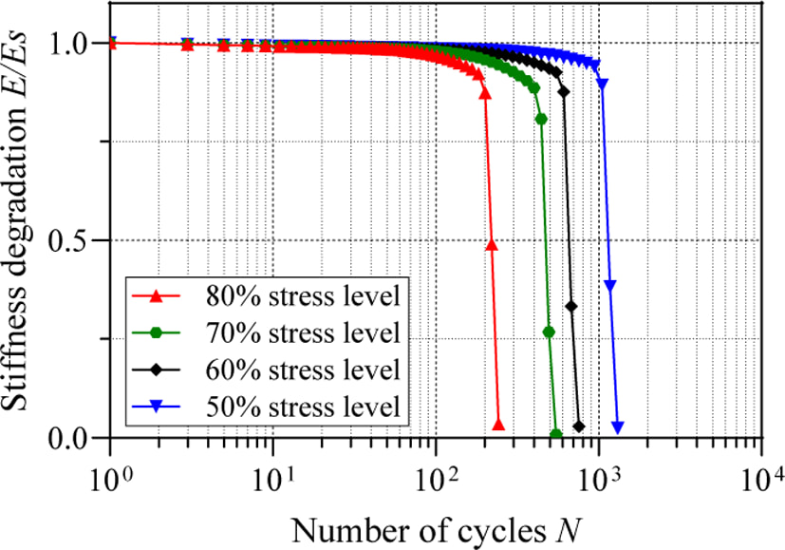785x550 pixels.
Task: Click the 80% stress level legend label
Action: [303, 296]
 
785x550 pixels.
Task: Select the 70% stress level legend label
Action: [303, 333]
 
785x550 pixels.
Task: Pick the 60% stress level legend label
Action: [303, 370]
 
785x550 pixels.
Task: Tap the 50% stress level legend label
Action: [303, 407]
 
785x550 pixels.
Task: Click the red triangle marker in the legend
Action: [157, 296]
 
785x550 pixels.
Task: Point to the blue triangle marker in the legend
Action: [157, 408]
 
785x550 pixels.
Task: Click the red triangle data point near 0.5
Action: [492, 244]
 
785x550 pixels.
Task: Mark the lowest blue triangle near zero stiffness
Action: [618, 427]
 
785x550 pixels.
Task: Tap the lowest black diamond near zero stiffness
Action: [579, 427]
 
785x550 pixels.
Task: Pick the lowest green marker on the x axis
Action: [555, 434]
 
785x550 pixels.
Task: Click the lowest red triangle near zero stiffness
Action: [498, 425]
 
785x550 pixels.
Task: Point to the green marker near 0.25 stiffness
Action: [549, 332]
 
